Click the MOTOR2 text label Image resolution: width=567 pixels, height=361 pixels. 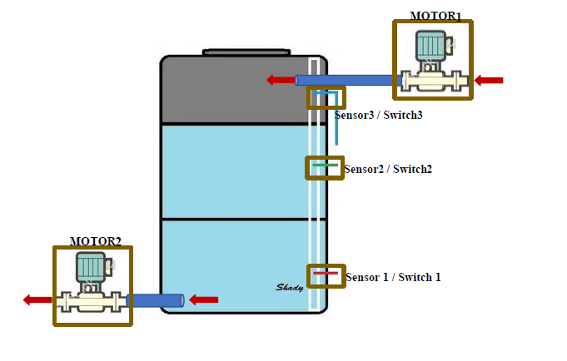[x=95, y=241]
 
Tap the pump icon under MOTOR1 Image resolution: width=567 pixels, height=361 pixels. [x=433, y=62]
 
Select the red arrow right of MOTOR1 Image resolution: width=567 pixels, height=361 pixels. [x=490, y=80]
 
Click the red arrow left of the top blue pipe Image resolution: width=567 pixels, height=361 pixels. [x=281, y=80]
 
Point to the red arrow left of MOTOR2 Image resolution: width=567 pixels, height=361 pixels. [x=37, y=299]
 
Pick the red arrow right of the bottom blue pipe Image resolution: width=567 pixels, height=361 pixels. [x=205, y=299]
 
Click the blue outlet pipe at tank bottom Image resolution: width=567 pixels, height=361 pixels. [x=156, y=299]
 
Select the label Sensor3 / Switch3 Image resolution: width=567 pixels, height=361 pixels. [x=379, y=115]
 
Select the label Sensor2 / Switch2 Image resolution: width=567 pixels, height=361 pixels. [x=388, y=169]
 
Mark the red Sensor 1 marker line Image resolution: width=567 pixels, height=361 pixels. [x=326, y=273]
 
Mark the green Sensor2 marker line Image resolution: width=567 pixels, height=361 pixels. [x=326, y=166]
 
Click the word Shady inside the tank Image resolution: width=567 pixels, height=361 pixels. [x=289, y=288]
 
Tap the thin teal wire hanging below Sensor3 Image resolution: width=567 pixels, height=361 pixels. [x=336, y=129]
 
